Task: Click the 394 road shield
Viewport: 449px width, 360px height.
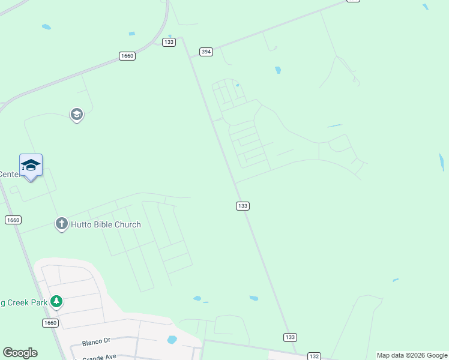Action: click(x=206, y=52)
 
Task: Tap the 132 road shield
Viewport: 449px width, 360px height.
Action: click(x=314, y=356)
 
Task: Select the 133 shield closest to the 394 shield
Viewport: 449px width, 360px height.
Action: click(x=169, y=42)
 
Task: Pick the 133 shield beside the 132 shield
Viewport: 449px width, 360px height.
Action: click(x=290, y=337)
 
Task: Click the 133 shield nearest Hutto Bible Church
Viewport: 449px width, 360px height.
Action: click(x=243, y=206)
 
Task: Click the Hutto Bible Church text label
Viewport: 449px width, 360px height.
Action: click(x=106, y=224)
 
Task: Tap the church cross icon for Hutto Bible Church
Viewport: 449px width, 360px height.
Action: click(x=61, y=224)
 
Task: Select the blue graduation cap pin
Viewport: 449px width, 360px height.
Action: click(x=31, y=166)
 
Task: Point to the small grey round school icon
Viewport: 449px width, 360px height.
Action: click(x=76, y=114)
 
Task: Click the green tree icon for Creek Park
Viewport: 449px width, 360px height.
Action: click(x=56, y=301)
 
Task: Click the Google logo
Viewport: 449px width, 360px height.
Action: click(x=20, y=353)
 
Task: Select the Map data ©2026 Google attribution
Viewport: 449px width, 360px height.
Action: click(x=412, y=355)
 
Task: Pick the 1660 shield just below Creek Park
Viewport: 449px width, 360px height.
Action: click(x=50, y=323)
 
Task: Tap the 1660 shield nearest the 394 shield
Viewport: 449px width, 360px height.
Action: click(x=127, y=56)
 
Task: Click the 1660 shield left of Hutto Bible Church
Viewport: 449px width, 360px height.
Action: click(x=13, y=220)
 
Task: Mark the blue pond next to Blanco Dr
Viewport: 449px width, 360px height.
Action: click(x=172, y=340)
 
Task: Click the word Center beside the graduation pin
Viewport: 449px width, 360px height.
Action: click(x=10, y=174)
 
